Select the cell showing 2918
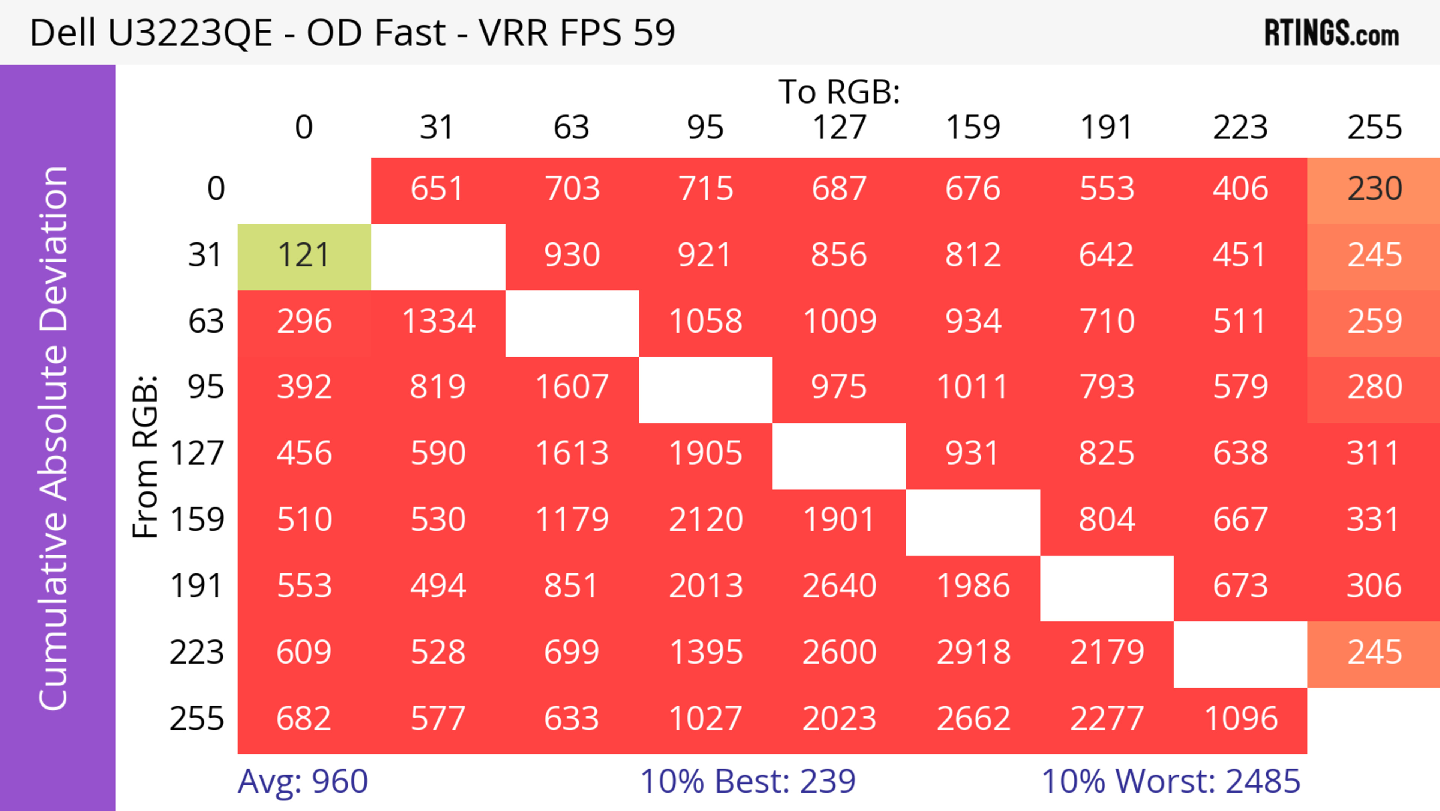click(x=973, y=653)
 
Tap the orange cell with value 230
click(x=1374, y=190)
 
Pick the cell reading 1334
click(x=438, y=322)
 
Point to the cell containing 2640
click(x=839, y=587)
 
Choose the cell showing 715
click(x=705, y=190)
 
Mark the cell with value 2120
click(x=705, y=520)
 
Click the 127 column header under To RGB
click(x=839, y=128)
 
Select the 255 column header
click(x=1374, y=128)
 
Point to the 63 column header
click(x=571, y=128)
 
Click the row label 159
click(x=197, y=520)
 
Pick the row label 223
click(x=197, y=653)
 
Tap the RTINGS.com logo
click(x=1332, y=33)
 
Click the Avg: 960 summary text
click(x=302, y=781)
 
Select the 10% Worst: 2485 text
click(x=1170, y=781)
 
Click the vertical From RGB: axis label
click(x=145, y=456)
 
